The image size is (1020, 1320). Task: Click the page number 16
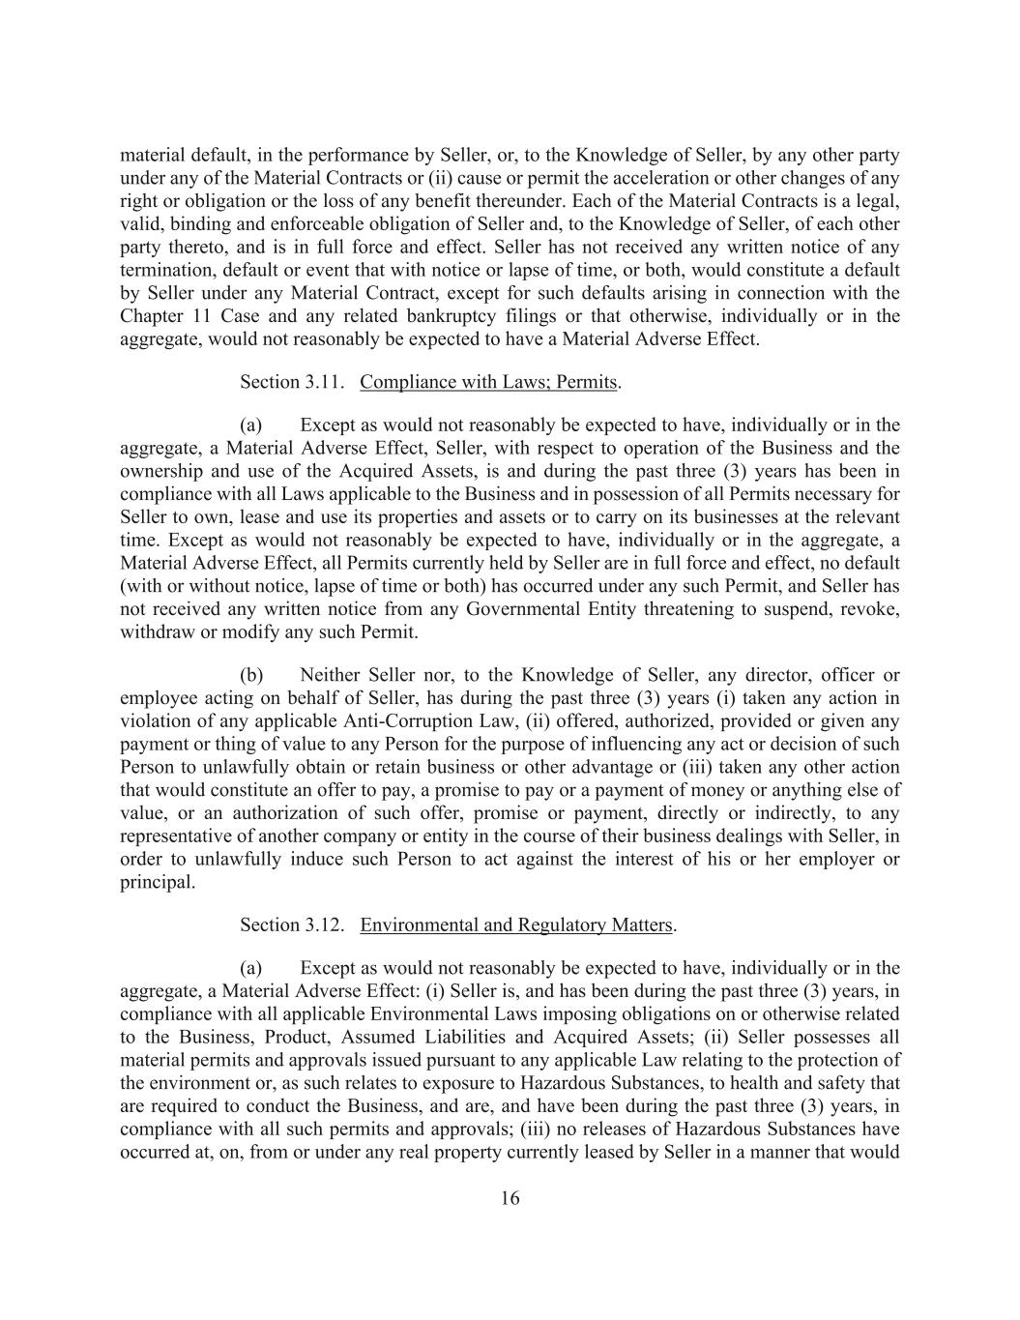[510, 1199]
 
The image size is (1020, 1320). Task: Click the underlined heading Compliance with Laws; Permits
[488, 382]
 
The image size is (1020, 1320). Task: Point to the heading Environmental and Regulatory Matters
[516, 925]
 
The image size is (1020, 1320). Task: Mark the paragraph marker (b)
[251, 675]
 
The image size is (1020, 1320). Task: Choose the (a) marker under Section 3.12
[251, 968]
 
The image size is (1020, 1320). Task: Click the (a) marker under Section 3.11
[251, 425]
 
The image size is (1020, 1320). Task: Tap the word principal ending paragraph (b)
[156, 882]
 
